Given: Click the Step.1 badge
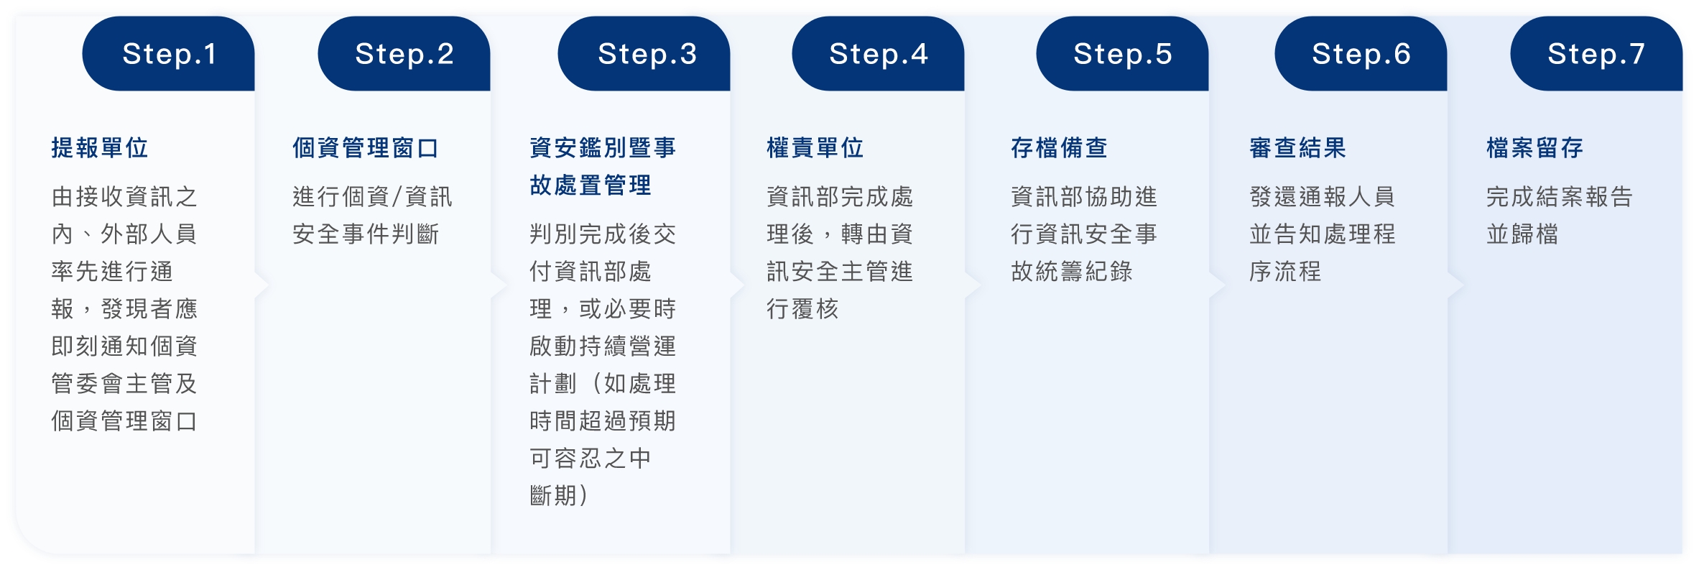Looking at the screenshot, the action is coord(169,54).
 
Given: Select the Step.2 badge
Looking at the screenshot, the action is coord(404,54).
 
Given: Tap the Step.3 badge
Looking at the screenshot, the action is coord(644,54).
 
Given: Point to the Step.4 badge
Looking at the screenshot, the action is coord(879,54).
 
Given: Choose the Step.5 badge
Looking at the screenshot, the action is coord(1123,54).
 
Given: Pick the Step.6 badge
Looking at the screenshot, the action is coord(1361,54).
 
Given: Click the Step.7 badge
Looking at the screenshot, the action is coord(1597,54).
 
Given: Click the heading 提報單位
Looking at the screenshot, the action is coord(100,148).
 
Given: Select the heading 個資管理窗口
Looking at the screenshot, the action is coord(366,148).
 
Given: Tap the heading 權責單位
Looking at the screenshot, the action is coord(815,148).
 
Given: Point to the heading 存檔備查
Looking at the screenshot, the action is coord(1060,148).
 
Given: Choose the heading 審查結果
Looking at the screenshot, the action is coord(1298,148).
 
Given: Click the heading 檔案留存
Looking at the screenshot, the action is coord(1535,148).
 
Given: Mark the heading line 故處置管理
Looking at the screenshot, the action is coord(591,185).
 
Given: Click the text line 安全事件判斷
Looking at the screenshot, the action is coord(366,234).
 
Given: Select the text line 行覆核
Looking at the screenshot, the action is coord(802,309).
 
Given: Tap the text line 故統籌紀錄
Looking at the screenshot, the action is coord(1072,272).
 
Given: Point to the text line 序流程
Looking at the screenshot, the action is coord(1285,272).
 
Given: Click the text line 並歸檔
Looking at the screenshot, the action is coord(1522,234).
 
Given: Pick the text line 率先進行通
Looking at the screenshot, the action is coord(112,272).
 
